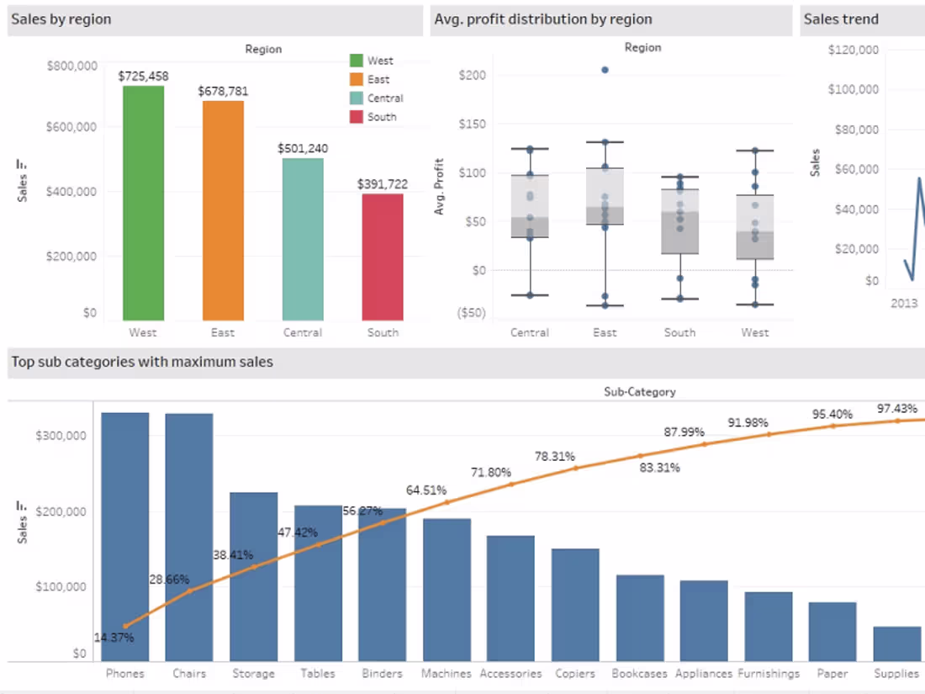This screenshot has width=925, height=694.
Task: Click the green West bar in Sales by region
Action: point(143,203)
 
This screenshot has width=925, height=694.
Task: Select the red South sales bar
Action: point(383,257)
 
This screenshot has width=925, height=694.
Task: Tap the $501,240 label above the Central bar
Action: point(303,149)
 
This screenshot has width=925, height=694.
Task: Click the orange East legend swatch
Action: point(357,79)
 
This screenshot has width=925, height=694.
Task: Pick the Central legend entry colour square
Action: point(357,98)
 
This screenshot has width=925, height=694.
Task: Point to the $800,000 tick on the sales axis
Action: point(71,66)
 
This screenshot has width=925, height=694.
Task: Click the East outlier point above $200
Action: point(605,70)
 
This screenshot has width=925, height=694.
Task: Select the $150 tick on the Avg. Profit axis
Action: point(473,124)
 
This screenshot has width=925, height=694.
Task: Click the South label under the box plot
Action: point(679,332)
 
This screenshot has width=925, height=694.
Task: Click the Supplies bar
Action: point(896,643)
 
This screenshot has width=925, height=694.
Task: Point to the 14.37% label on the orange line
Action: point(114,638)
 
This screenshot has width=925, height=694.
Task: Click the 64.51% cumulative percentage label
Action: point(426,490)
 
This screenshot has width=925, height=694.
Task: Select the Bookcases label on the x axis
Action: point(639,674)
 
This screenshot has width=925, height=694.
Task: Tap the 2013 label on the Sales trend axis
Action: point(905,303)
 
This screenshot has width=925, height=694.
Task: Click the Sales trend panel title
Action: point(841,19)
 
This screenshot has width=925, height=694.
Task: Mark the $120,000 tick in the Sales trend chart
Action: point(854,50)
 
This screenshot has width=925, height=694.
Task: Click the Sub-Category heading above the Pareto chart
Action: point(639,391)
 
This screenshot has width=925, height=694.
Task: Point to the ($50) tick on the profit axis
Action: point(471,313)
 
